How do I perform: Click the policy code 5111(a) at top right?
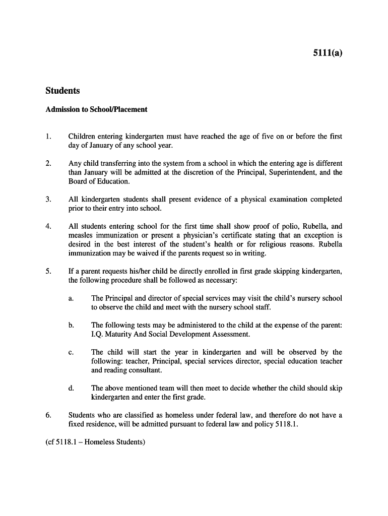click(327, 52)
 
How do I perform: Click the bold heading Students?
click(62, 91)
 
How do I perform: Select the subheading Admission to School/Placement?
click(96, 109)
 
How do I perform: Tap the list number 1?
click(48, 137)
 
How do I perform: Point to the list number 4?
click(48, 227)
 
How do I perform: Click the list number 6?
click(48, 415)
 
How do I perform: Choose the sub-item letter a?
click(71, 298)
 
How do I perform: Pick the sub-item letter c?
click(71, 352)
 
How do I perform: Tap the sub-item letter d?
click(71, 388)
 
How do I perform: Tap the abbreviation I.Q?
click(97, 334)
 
